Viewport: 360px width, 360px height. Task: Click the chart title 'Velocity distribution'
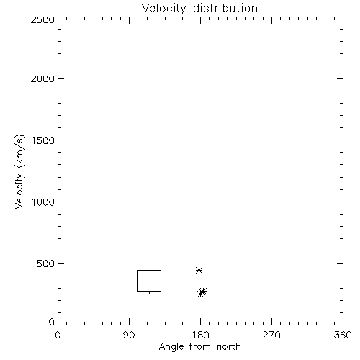point(199,9)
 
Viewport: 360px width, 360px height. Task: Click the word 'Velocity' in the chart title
point(163,9)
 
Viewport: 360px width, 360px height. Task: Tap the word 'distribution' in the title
point(225,8)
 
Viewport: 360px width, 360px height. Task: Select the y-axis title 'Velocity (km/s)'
point(19,171)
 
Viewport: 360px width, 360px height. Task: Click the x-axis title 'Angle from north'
point(199,346)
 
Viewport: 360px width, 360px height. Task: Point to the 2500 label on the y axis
point(42,19)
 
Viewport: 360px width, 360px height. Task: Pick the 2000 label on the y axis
point(42,78)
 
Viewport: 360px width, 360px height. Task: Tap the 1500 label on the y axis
point(43,140)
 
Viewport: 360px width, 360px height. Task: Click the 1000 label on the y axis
point(43,202)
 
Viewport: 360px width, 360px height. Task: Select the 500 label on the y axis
point(46,264)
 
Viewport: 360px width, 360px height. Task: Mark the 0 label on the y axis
point(52,322)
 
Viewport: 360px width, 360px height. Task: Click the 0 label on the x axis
point(58,335)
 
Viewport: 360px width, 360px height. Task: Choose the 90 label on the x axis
point(129,335)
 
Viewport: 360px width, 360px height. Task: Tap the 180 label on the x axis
point(200,335)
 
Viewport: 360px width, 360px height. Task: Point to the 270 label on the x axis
point(271,335)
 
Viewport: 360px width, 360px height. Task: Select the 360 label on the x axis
point(343,335)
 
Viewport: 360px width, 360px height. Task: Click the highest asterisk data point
point(199,271)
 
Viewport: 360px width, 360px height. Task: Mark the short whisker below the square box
point(149,293)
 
